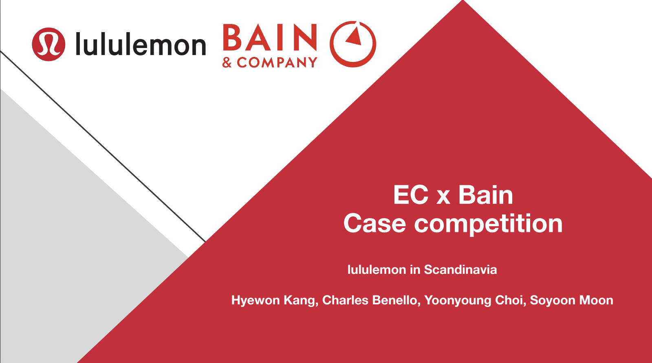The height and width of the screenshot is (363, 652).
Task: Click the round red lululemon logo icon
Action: point(48,44)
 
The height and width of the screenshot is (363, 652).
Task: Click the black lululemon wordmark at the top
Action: point(141,44)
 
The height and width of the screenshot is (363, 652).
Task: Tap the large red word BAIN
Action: point(270,37)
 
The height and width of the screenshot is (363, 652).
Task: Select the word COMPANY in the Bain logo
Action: point(277,62)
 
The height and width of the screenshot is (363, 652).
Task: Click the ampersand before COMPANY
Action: point(227,62)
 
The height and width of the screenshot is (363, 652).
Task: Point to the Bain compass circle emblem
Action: point(353,44)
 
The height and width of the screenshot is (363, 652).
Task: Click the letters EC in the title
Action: point(411,195)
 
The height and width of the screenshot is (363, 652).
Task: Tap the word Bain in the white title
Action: point(485,195)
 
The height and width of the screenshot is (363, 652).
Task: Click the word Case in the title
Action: point(374,223)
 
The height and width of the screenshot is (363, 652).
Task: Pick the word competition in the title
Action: point(489,224)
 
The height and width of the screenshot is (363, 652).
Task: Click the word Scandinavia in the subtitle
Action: point(460,269)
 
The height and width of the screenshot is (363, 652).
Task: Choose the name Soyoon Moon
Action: point(572,300)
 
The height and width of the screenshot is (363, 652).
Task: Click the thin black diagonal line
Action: point(103,146)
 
